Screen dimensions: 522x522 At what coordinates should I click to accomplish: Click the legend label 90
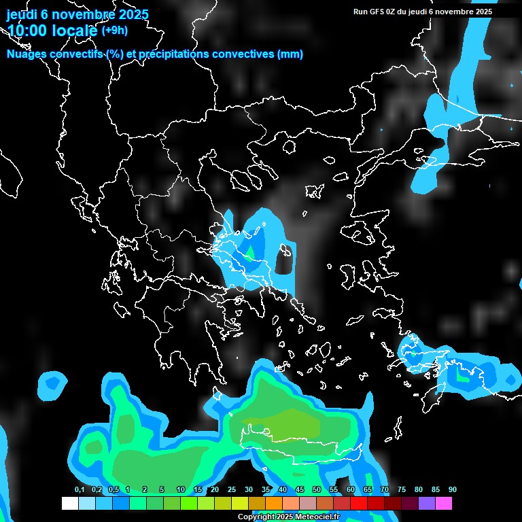(453, 489)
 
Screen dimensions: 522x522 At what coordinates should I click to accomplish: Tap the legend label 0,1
(80, 489)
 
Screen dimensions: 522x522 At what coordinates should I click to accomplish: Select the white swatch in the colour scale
(69, 503)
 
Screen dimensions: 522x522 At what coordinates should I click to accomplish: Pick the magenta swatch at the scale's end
(444, 503)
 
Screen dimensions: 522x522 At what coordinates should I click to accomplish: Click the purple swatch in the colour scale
(427, 503)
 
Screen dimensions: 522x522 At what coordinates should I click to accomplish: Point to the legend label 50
(317, 489)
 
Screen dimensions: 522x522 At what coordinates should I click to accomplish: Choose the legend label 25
(232, 489)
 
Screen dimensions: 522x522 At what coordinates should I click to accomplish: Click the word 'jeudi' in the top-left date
(22, 14)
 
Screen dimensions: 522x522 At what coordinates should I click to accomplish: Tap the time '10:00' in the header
(28, 31)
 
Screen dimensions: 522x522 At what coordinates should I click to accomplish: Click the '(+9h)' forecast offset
(114, 30)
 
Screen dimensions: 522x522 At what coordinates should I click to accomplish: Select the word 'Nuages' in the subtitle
(28, 54)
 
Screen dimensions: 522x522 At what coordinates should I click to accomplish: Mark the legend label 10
(181, 489)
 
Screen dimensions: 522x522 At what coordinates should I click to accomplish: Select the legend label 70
(385, 489)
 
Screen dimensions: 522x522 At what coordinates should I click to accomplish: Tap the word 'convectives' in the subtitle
(240, 54)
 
